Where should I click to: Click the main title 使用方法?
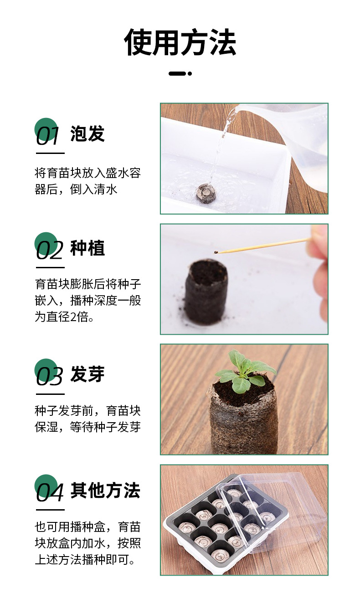point(180,42)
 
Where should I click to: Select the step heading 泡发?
point(87,134)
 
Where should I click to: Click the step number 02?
point(49,250)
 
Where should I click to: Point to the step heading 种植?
point(87,249)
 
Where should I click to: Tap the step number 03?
point(49,375)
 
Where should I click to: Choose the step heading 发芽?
point(87,374)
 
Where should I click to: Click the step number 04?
point(49,492)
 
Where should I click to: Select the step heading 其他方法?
point(105,491)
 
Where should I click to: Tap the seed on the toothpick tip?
point(216,250)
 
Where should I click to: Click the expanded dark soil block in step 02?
point(206,291)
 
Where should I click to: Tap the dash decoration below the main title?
point(180,73)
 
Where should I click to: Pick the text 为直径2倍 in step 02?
point(64,317)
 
